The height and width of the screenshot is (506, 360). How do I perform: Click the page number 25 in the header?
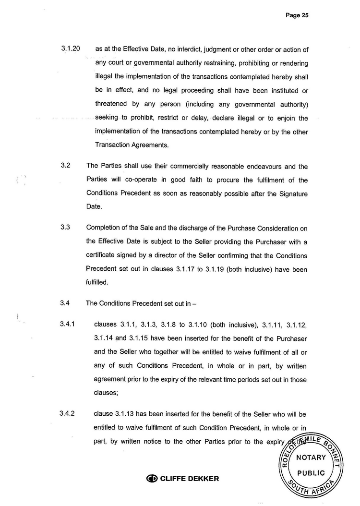pos(304,15)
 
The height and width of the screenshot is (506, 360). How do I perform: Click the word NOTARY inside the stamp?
pos(311,458)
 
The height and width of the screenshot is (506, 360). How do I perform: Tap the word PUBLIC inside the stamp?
pos(311,473)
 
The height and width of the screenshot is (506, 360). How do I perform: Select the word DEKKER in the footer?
pos(203,479)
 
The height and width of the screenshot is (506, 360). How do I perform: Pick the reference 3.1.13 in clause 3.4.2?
pos(126,413)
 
